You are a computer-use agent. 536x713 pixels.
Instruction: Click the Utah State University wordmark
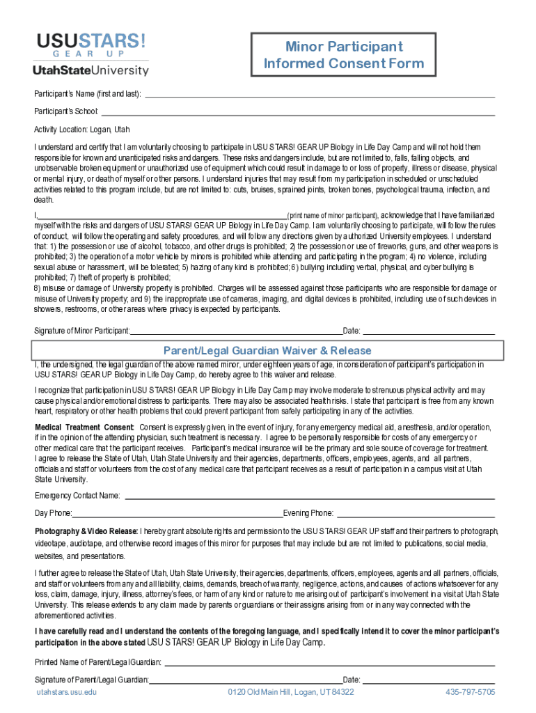(x=90, y=70)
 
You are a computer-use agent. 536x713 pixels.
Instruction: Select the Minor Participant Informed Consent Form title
(x=343, y=56)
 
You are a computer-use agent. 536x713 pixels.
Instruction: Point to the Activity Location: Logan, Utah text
(x=82, y=130)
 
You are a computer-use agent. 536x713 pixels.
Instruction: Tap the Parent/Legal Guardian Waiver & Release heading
(x=267, y=350)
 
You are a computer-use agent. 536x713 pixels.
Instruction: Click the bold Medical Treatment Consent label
(x=84, y=427)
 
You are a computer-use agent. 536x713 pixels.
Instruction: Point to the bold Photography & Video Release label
(x=86, y=531)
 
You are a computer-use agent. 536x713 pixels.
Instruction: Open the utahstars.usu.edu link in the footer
(x=67, y=692)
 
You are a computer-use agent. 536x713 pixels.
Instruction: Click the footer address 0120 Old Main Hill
(x=291, y=692)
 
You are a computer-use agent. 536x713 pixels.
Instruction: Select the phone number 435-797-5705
(x=470, y=692)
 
